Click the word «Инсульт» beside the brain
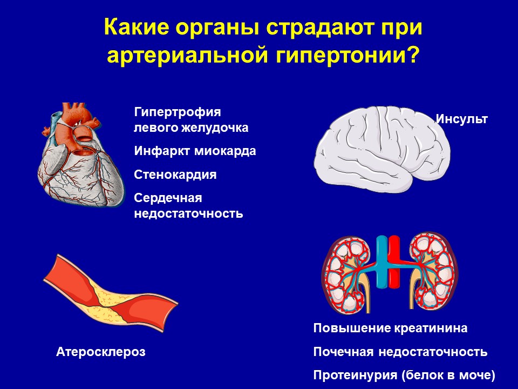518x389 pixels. point(462,119)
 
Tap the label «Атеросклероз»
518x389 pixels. point(101,352)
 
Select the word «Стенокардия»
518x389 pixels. point(175,175)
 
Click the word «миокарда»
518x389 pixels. point(226,151)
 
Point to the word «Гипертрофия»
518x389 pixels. point(178,112)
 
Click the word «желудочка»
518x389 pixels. point(215,128)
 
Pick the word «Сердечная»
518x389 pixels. point(168,198)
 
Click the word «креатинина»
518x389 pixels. point(431,328)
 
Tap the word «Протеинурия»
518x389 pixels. point(355,375)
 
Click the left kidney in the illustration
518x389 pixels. point(346,273)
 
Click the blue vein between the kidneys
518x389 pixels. point(382,261)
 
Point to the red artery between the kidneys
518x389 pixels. point(394,262)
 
